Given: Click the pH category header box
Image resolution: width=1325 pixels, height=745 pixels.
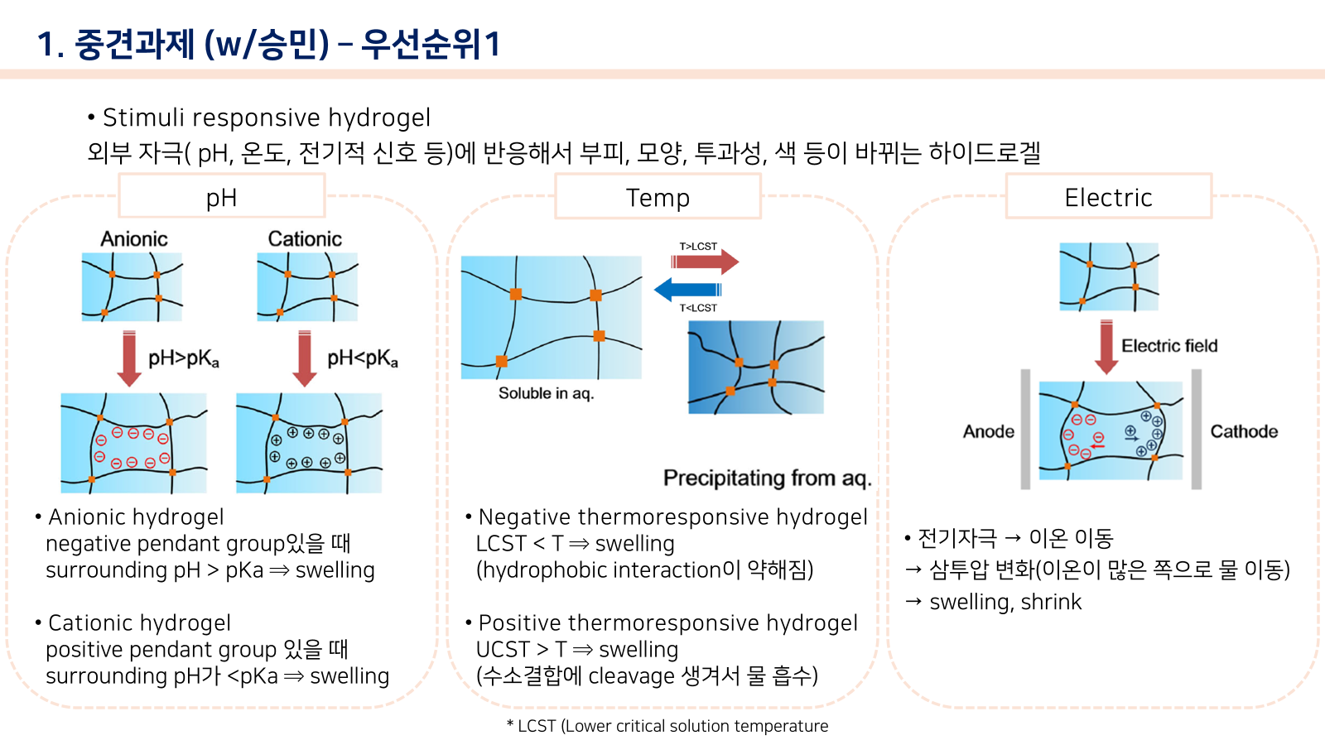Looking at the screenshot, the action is (x=222, y=195).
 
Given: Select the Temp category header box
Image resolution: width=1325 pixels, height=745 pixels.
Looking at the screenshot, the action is (x=658, y=196).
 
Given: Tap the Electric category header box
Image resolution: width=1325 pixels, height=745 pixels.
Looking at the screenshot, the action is (x=1109, y=196).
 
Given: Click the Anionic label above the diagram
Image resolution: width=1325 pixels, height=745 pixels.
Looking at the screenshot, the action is (x=133, y=239).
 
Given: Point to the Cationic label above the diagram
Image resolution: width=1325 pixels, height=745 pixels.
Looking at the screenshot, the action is (x=305, y=239).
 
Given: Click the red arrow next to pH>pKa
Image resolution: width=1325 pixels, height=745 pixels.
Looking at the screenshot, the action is (x=129, y=358).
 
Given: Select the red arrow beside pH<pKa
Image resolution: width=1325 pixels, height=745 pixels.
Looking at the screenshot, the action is (x=305, y=358).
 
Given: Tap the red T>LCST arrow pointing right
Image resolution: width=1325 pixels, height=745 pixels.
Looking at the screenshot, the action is (x=705, y=262).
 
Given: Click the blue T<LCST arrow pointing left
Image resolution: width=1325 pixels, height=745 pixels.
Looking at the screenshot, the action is (x=687, y=290).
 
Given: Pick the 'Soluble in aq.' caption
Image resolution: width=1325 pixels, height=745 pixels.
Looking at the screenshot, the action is (x=546, y=393).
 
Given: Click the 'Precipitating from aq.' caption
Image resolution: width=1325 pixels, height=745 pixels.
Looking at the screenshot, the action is (x=767, y=478).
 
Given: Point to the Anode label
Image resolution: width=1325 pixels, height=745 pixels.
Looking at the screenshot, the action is (x=989, y=431).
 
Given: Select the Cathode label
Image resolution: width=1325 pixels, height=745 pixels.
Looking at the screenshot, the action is (x=1244, y=431).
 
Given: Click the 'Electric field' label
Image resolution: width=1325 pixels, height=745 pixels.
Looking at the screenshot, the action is (x=1169, y=345).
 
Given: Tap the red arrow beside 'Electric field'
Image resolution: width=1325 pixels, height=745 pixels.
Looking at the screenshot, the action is (x=1106, y=347).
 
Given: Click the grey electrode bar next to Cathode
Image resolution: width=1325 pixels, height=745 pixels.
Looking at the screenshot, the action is (x=1196, y=430).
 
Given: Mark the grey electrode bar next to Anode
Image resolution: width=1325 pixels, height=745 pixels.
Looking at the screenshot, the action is (x=1026, y=430).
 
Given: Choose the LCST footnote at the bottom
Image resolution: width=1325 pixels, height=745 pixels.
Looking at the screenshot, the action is (x=667, y=726).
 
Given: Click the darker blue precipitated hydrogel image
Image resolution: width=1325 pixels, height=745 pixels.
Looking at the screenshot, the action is (x=756, y=368).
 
